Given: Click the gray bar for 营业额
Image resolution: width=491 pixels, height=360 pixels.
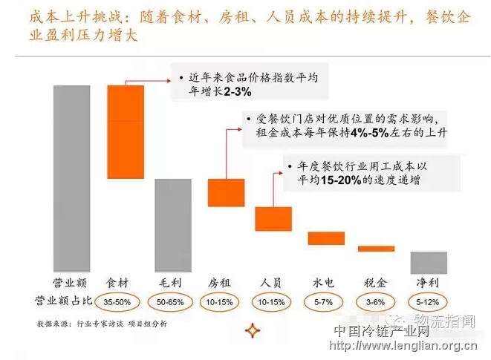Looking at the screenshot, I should [x=71, y=179].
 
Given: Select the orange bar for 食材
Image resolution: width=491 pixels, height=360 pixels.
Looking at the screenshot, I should [x=126, y=131].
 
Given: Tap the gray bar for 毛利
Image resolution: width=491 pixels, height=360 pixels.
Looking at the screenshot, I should [x=172, y=226].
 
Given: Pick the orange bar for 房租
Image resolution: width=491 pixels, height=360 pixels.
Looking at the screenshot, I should [x=226, y=192].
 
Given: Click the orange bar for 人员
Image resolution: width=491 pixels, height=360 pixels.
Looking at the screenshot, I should [x=273, y=218].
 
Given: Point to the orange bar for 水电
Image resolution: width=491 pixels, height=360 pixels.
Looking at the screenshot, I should [x=326, y=238].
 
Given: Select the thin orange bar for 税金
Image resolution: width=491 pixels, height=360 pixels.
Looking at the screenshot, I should [x=376, y=249].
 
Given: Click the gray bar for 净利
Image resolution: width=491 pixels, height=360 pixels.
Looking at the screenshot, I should [x=429, y=263].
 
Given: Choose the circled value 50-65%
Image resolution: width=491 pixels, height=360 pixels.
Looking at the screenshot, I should [x=172, y=303].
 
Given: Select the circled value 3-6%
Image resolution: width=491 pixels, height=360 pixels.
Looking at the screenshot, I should [x=376, y=303].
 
